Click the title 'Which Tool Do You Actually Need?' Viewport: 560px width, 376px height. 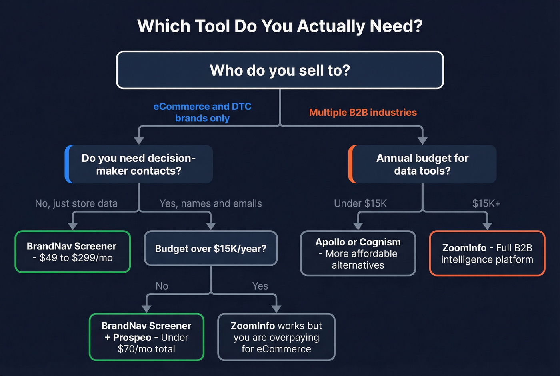[280, 26]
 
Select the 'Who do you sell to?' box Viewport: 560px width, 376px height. [280, 70]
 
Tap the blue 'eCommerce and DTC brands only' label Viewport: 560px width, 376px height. [202, 112]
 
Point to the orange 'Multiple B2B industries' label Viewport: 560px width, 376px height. [363, 113]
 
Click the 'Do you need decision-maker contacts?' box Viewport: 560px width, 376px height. [139, 164]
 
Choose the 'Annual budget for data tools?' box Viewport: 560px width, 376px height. [422, 164]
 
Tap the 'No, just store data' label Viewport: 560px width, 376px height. [76, 203]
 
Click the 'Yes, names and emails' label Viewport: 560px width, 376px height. [211, 203]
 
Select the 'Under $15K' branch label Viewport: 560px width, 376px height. [360, 203]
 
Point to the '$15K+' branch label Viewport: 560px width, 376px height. [486, 203]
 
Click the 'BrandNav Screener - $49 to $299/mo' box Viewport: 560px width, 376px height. [73, 252]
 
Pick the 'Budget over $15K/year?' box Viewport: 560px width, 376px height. [211, 249]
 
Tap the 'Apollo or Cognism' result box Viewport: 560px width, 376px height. [358, 253]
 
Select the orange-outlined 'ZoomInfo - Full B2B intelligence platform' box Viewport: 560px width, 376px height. [487, 253]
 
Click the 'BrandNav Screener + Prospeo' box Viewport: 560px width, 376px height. [146, 337]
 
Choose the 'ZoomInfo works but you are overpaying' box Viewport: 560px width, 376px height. [276, 337]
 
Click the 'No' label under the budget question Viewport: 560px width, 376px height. [162, 286]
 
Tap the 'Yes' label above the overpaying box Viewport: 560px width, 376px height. [260, 286]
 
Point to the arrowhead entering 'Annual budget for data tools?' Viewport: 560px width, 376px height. [422, 141]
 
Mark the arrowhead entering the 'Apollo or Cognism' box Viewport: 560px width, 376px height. [358, 226]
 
